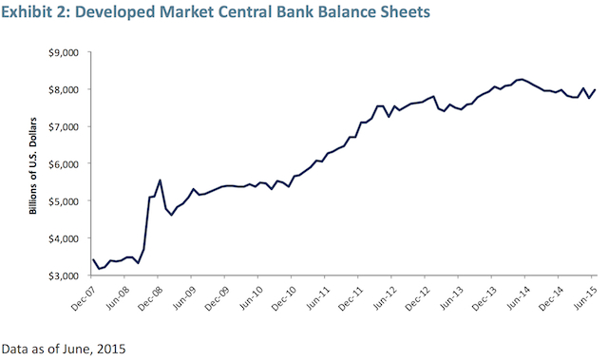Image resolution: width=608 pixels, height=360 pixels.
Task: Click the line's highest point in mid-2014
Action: tap(520, 79)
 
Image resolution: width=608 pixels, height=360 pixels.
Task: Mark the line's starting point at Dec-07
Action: tap(92, 258)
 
